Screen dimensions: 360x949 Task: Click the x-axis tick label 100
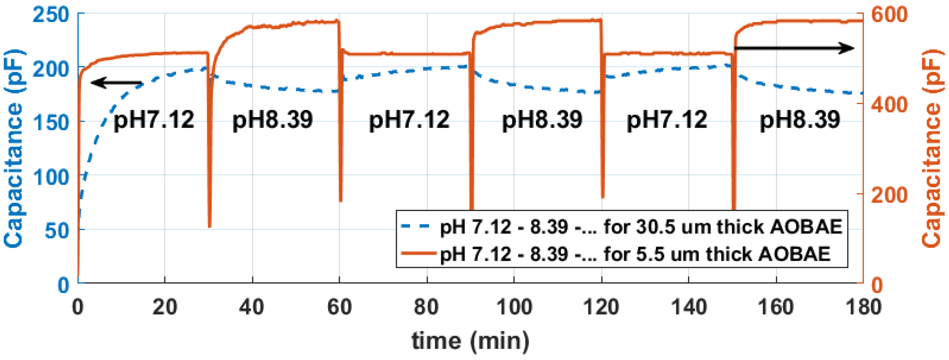[x=514, y=307]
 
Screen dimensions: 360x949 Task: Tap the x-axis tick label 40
[x=252, y=307]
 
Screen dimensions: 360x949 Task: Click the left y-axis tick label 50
[x=57, y=231]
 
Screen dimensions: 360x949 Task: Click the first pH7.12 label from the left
[x=154, y=120]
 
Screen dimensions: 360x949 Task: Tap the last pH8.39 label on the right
[x=800, y=120]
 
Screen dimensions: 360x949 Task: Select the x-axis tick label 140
[x=689, y=307]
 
